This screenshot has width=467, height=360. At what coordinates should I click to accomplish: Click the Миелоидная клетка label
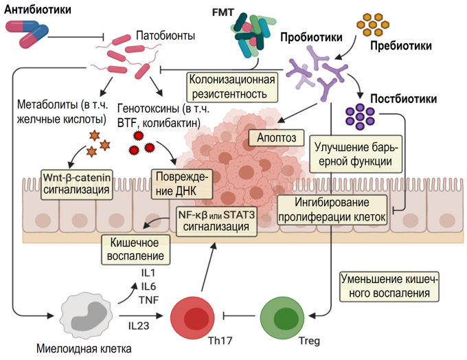coord(84,348)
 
